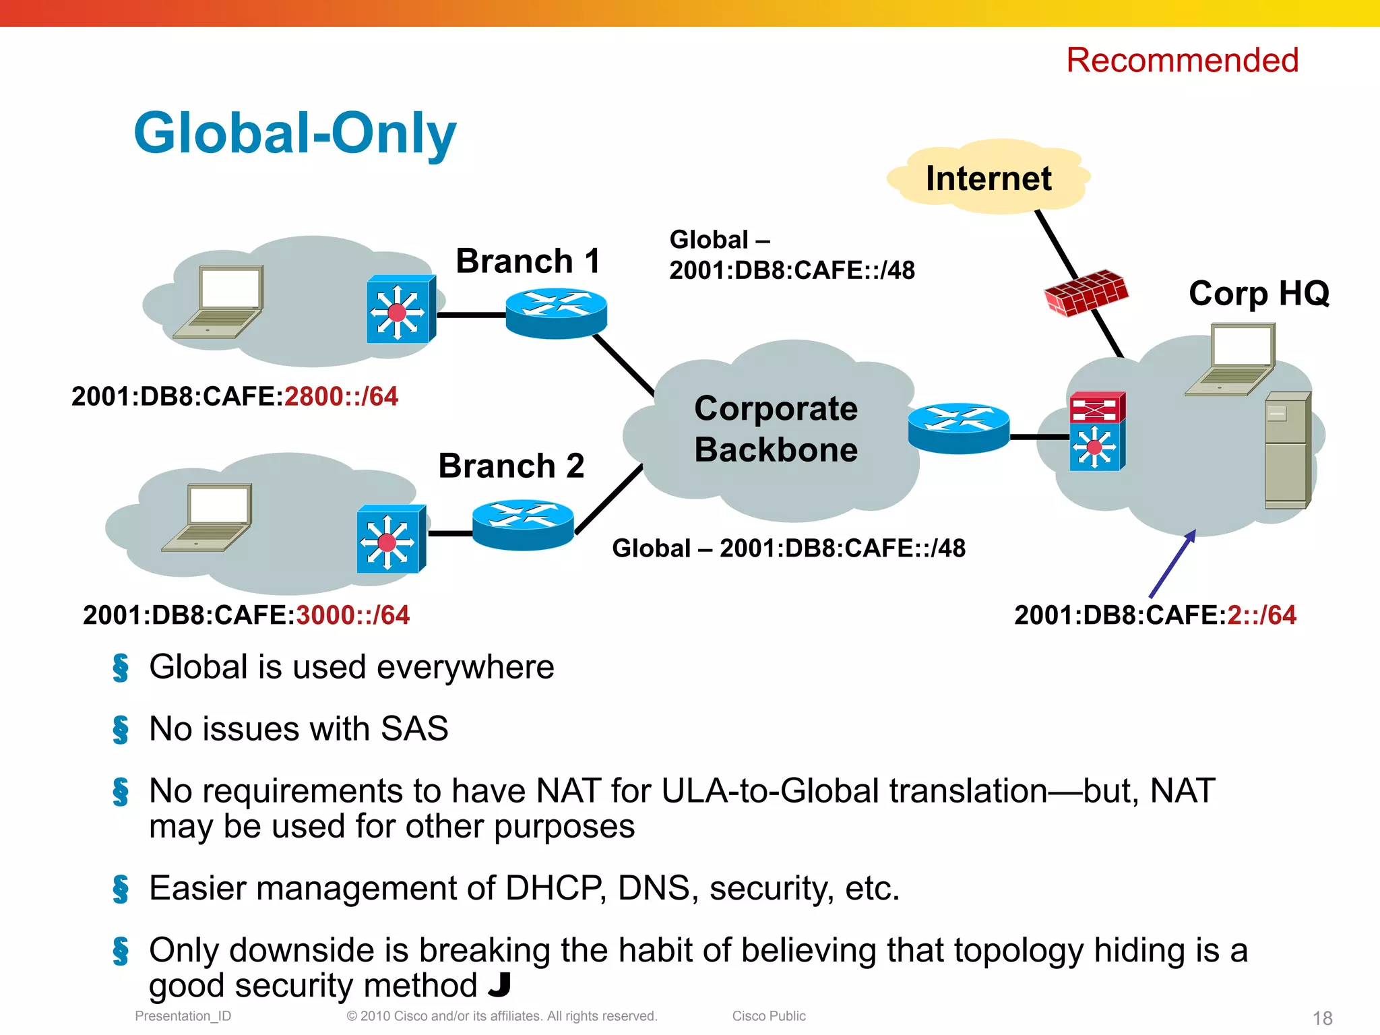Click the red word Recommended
click(x=1182, y=61)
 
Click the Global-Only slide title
click(x=295, y=133)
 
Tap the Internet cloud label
click(x=988, y=179)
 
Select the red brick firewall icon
click(x=1086, y=292)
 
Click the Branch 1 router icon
click(x=556, y=313)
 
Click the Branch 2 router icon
click(x=523, y=524)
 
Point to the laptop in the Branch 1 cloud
click(x=219, y=301)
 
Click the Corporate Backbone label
click(x=776, y=429)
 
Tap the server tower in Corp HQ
click(x=1287, y=450)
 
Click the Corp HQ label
click(x=1259, y=294)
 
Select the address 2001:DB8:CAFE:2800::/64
click(x=234, y=396)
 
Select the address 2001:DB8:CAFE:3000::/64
click(x=246, y=615)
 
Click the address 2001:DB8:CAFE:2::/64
click(x=1155, y=615)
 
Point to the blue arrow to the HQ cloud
click(x=1172, y=563)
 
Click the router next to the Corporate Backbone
click(x=958, y=428)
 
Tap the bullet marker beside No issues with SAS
click(x=121, y=729)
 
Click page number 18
click(x=1322, y=1017)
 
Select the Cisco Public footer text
click(x=769, y=1016)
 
